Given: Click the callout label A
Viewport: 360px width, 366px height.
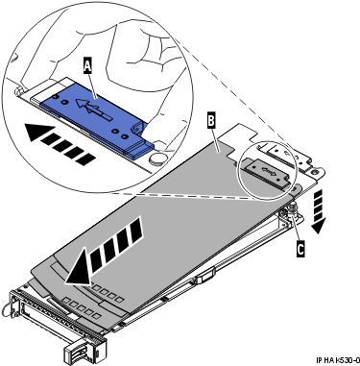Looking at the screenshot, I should pyautogui.click(x=88, y=65).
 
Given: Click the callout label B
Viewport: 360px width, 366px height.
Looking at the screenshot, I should pyautogui.click(x=212, y=120).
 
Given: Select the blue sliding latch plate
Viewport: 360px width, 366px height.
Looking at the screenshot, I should pyautogui.click(x=96, y=110).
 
